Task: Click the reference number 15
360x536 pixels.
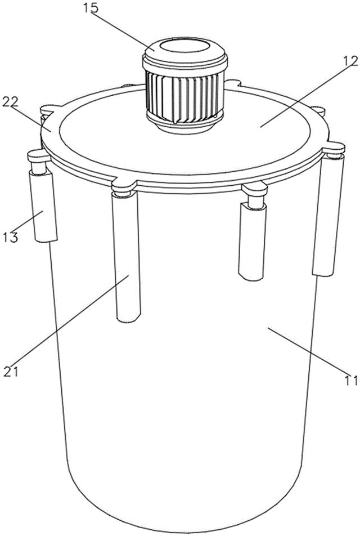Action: coord(91,7)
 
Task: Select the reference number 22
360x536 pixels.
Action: coord(10,101)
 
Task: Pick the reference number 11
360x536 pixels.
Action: coord(350,380)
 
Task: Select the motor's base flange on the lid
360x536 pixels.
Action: coord(184,125)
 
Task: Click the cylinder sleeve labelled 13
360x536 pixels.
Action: coord(43,207)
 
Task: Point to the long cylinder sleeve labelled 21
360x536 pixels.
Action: coord(127,256)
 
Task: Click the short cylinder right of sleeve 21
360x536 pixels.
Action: coord(253,241)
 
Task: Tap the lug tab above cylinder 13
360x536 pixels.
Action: coord(39,156)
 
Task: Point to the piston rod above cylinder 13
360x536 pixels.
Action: coord(39,167)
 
